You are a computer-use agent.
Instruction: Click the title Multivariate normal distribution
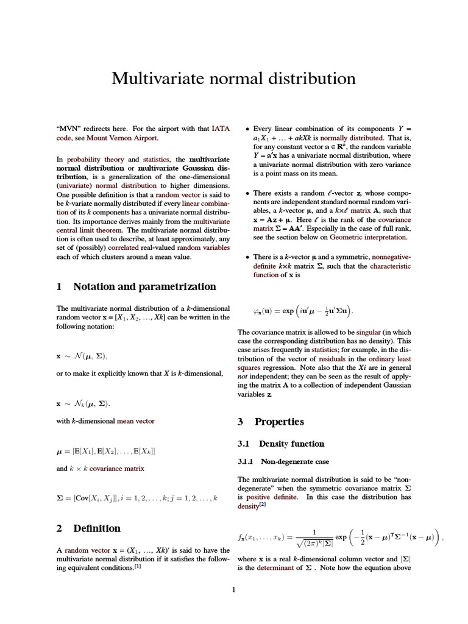click(x=233, y=79)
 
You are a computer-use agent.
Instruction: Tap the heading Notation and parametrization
click(x=144, y=286)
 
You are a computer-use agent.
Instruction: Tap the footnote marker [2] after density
click(x=263, y=505)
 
